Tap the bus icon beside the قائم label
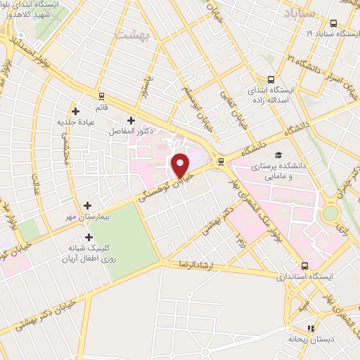pyautogui.click(x=102, y=96)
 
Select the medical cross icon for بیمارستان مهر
pyautogui.click(x=87, y=205)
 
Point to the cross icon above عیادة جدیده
pyautogui.click(x=75, y=110)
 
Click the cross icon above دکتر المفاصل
pyautogui.click(x=131, y=120)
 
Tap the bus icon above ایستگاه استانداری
pyautogui.click(x=304, y=266)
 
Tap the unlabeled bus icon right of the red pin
pyautogui.click(x=221, y=161)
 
